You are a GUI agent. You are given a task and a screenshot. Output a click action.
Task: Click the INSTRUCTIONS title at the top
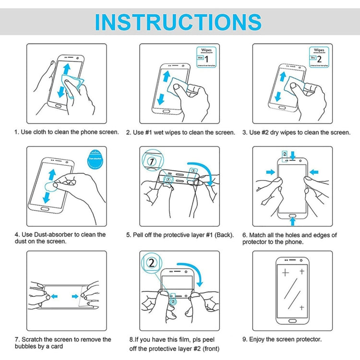coord(178,22)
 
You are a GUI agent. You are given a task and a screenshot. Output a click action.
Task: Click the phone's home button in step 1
coord(59,106)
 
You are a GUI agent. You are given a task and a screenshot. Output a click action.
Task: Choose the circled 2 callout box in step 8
coord(152,264)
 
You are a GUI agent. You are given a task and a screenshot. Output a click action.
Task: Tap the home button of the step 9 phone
coord(293,320)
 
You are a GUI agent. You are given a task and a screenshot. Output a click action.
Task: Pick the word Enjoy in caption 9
coord(259,339)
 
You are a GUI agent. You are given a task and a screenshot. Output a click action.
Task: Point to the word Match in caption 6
coord(260,235)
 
